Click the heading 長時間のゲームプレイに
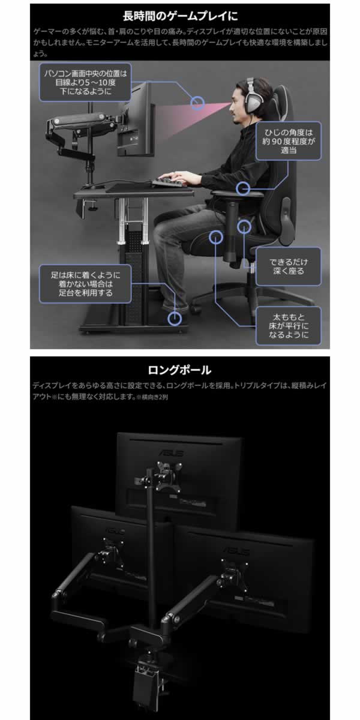pyautogui.click(x=179, y=13)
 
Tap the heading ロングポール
pyautogui.click(x=179, y=370)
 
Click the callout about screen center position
pyautogui.click(x=86, y=83)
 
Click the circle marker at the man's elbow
pyautogui.click(x=244, y=189)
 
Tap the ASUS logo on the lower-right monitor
pyautogui.click(x=235, y=549)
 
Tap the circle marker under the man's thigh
pyautogui.click(x=244, y=227)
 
